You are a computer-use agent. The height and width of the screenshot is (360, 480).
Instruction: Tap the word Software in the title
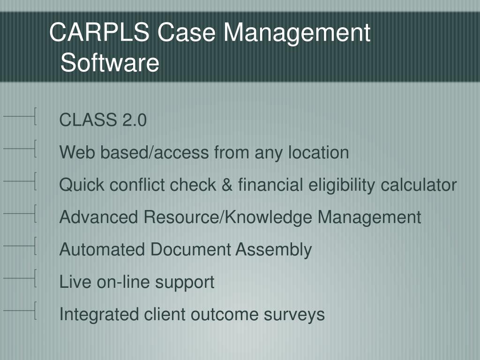[x=110, y=63]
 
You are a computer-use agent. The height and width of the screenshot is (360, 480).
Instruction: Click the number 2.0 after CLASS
[x=135, y=120]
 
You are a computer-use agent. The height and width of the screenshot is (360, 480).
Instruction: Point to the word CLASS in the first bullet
[x=88, y=120]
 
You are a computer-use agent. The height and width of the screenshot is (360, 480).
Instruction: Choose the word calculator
[x=419, y=185]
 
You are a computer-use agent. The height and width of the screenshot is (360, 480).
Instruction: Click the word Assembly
[x=273, y=249]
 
